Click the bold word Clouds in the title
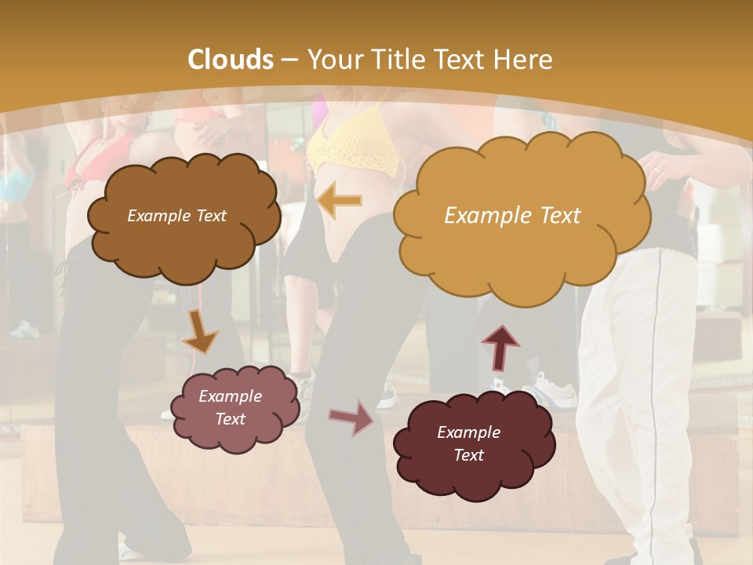coord(231,60)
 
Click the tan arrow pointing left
coord(340,201)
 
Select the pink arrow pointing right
coord(352,417)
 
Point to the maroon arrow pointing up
coord(500,346)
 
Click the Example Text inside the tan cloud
coord(512,215)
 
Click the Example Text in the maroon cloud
coord(468,443)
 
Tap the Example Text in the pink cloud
coord(230,407)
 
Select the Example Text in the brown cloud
coord(176,215)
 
